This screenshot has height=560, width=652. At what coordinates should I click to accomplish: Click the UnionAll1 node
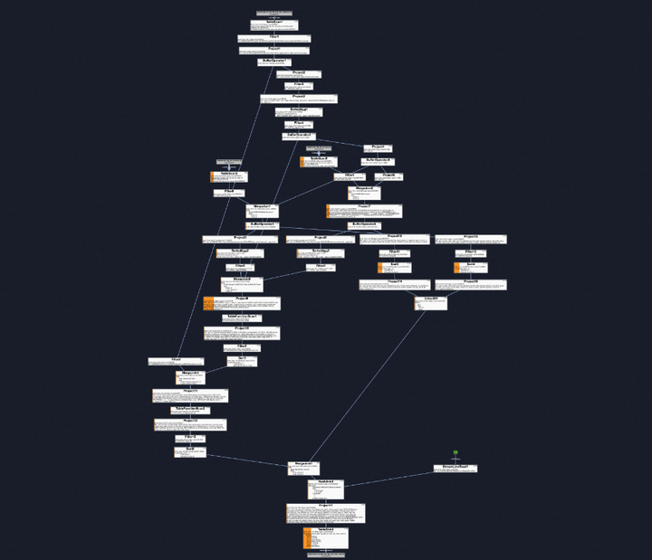430,302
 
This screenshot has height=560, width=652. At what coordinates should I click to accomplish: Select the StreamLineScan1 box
455,469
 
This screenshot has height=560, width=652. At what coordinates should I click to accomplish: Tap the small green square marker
455,452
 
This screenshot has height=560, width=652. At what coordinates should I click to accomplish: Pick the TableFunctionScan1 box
242,318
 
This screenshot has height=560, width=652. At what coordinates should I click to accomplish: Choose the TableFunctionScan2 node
191,410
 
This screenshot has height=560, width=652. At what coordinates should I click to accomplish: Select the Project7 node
364,211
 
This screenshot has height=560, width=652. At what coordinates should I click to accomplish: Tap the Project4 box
378,148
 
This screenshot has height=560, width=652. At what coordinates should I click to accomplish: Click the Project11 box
190,394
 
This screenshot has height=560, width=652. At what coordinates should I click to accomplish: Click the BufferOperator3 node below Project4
378,162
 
